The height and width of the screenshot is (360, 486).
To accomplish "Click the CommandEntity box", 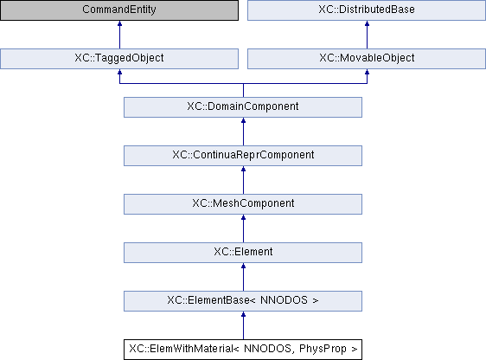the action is pyautogui.click(x=119, y=10).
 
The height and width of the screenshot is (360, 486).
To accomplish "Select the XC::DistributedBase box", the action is pyautogui.click(x=367, y=10).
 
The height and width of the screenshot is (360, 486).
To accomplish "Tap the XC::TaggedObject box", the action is pyautogui.click(x=119, y=59).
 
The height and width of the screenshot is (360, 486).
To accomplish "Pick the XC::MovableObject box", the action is pyautogui.click(x=367, y=59).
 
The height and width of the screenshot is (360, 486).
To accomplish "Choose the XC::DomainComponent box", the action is pyautogui.click(x=243, y=107).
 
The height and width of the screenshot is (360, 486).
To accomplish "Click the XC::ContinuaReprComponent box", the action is pyautogui.click(x=243, y=156).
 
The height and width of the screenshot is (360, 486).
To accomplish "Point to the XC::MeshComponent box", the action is pyautogui.click(x=243, y=204).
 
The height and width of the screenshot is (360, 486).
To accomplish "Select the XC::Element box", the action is pyautogui.click(x=243, y=253).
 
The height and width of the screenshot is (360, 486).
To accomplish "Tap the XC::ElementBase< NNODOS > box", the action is pyautogui.click(x=243, y=301).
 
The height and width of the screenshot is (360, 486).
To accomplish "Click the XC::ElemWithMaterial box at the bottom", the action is pyautogui.click(x=243, y=350).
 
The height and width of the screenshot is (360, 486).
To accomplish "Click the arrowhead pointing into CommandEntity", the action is pyautogui.click(x=119, y=23).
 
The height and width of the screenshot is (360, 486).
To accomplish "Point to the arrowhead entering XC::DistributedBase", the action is pyautogui.click(x=367, y=23).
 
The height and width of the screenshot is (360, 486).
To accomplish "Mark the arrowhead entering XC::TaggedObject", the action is pyautogui.click(x=119, y=72).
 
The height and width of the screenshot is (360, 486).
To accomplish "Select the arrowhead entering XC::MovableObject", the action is pyautogui.click(x=367, y=72).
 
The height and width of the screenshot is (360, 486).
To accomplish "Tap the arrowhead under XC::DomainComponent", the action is pyautogui.click(x=243, y=120).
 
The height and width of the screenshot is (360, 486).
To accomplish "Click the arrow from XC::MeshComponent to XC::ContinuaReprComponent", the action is pyautogui.click(x=243, y=180).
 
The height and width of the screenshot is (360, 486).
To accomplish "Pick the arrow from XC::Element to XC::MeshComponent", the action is pyautogui.click(x=243, y=228).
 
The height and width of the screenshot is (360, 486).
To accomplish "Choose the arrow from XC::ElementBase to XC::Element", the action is pyautogui.click(x=243, y=277).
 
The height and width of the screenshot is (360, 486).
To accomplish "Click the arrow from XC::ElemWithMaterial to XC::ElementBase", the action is pyautogui.click(x=243, y=325).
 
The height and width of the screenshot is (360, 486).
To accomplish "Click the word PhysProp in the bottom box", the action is pyautogui.click(x=323, y=349).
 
